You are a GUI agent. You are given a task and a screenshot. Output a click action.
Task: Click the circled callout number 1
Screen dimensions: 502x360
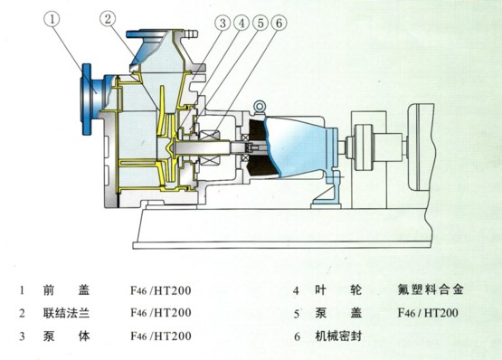pos(52,19)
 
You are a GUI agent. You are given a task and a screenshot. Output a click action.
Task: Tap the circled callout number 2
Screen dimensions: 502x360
pos(108,19)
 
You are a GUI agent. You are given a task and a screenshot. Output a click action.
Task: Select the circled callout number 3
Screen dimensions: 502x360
pos(223,23)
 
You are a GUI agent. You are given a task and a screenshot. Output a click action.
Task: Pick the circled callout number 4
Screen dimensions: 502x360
pos(242,23)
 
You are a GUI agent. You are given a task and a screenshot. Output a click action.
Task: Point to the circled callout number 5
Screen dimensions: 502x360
pos(260,23)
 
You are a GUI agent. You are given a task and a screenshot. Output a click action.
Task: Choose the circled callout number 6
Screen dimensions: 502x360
pos(279,23)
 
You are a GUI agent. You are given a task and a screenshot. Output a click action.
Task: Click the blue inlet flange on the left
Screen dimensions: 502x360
pos(87,99)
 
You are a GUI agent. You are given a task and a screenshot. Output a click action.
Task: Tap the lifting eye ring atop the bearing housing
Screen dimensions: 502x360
pos(259,107)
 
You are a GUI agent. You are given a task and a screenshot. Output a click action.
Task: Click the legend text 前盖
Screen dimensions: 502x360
pos(67,290)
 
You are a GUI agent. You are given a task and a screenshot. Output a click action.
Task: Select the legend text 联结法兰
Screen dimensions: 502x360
pos(67,313)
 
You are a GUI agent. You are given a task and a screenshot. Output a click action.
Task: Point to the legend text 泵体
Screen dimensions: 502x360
pos(67,336)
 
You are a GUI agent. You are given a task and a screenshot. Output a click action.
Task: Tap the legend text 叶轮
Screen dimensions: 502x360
pos(338,290)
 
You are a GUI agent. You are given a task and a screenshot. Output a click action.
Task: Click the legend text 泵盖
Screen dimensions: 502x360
pos(338,313)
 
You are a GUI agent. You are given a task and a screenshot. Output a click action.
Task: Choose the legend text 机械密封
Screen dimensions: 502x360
pos(338,336)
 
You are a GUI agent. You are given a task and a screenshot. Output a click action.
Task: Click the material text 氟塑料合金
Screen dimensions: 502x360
pos(431,289)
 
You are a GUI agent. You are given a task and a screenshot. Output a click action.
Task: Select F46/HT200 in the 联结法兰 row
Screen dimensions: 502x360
pos(161,313)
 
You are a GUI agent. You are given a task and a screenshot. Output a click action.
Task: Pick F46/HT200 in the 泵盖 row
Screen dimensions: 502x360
pos(428,313)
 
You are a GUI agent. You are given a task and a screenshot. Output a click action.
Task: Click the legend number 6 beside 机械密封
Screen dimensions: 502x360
pos(297,337)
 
